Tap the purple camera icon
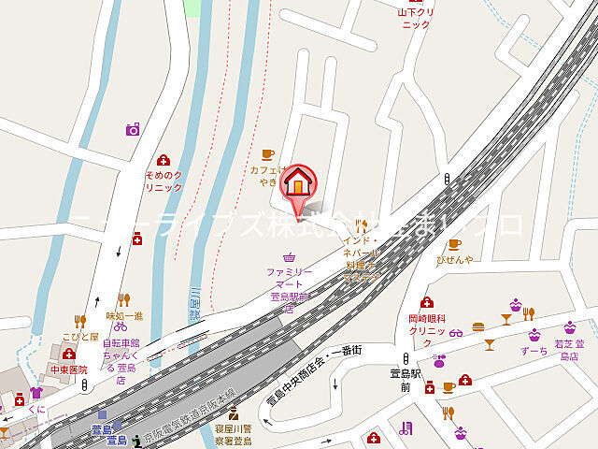[x=133, y=129]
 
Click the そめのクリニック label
[x=164, y=181]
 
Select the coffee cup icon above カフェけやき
[x=267, y=153]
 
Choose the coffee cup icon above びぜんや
[x=454, y=244]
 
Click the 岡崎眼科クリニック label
[x=430, y=326]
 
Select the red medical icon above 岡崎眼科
[x=427, y=302]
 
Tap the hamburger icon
[x=479, y=327]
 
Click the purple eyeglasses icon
[x=456, y=332]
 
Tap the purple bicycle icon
[x=120, y=326]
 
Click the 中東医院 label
[x=68, y=369]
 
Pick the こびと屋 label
[x=80, y=337]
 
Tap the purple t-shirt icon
[x=36, y=393]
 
